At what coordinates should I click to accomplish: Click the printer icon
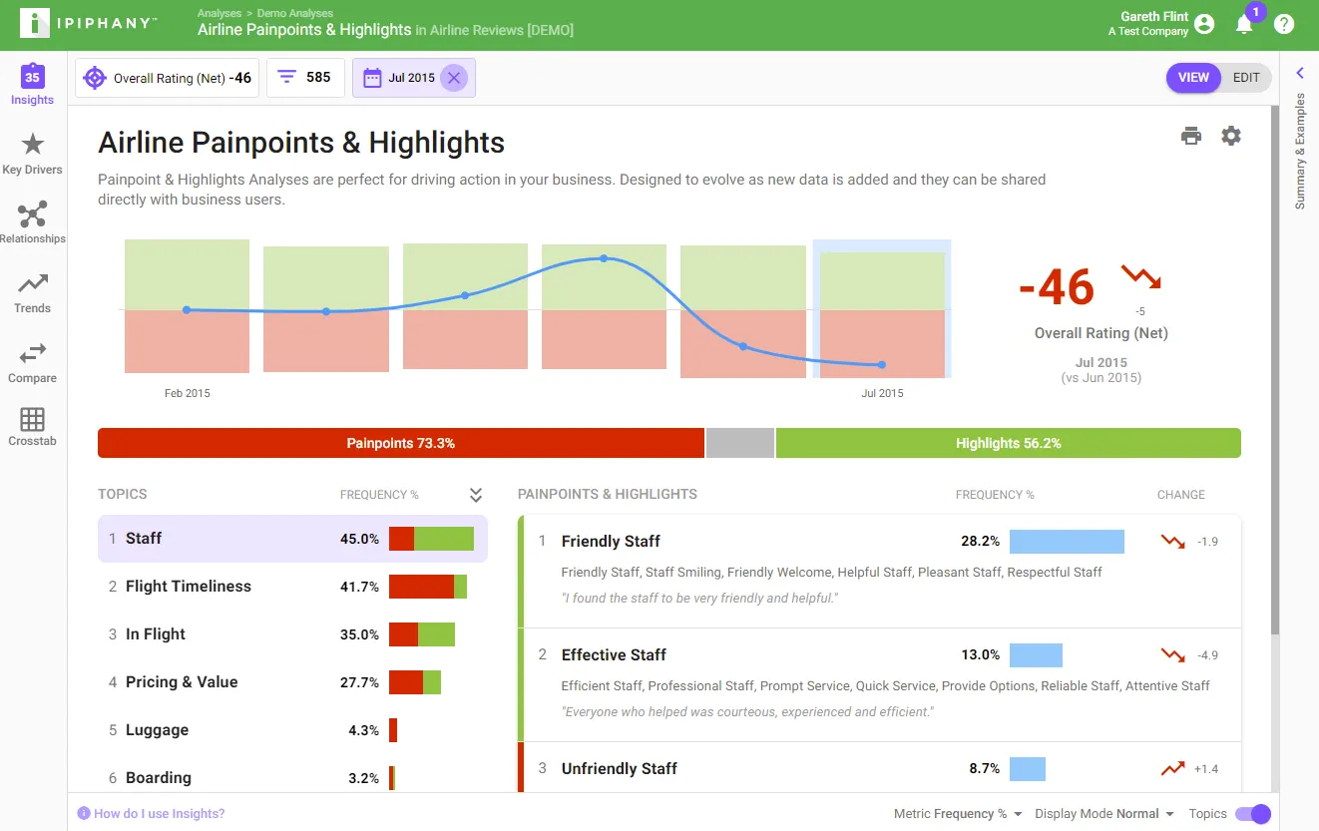click(x=1190, y=136)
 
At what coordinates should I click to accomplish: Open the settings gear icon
click(x=1230, y=136)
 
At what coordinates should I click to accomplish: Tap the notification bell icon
click(x=1243, y=25)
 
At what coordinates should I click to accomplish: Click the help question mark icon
click(x=1284, y=24)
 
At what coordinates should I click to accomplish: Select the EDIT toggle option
click(x=1246, y=78)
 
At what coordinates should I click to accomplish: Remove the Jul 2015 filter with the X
click(x=453, y=78)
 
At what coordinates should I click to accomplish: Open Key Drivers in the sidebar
click(x=32, y=154)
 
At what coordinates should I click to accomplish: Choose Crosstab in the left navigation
click(x=32, y=427)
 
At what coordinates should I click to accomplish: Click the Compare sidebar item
click(x=32, y=363)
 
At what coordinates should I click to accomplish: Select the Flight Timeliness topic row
click(x=292, y=587)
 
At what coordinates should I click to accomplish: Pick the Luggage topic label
click(x=158, y=729)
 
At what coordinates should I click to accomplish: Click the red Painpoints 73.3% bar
click(x=401, y=443)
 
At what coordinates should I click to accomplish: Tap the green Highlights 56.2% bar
click(x=1008, y=443)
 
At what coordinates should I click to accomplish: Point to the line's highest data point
click(x=604, y=258)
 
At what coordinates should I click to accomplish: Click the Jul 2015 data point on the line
click(x=881, y=364)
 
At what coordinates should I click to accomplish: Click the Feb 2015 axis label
click(x=188, y=393)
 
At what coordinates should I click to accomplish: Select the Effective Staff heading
click(x=614, y=654)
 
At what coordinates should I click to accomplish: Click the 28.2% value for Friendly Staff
click(x=981, y=541)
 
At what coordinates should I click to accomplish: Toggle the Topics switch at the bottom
click(x=1253, y=813)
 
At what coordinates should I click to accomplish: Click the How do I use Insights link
click(x=159, y=813)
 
